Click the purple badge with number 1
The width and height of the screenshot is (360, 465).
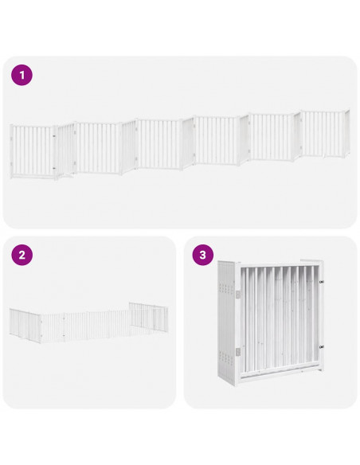point(22,76)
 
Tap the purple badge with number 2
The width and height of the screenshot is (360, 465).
point(22,256)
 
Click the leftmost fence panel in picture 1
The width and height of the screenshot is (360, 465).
point(32,150)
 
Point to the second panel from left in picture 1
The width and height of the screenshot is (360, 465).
point(97,147)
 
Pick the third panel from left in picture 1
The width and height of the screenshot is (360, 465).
point(159,143)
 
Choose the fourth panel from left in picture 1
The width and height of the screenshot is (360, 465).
point(217,140)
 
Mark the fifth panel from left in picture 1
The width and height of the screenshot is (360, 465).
point(273,137)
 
